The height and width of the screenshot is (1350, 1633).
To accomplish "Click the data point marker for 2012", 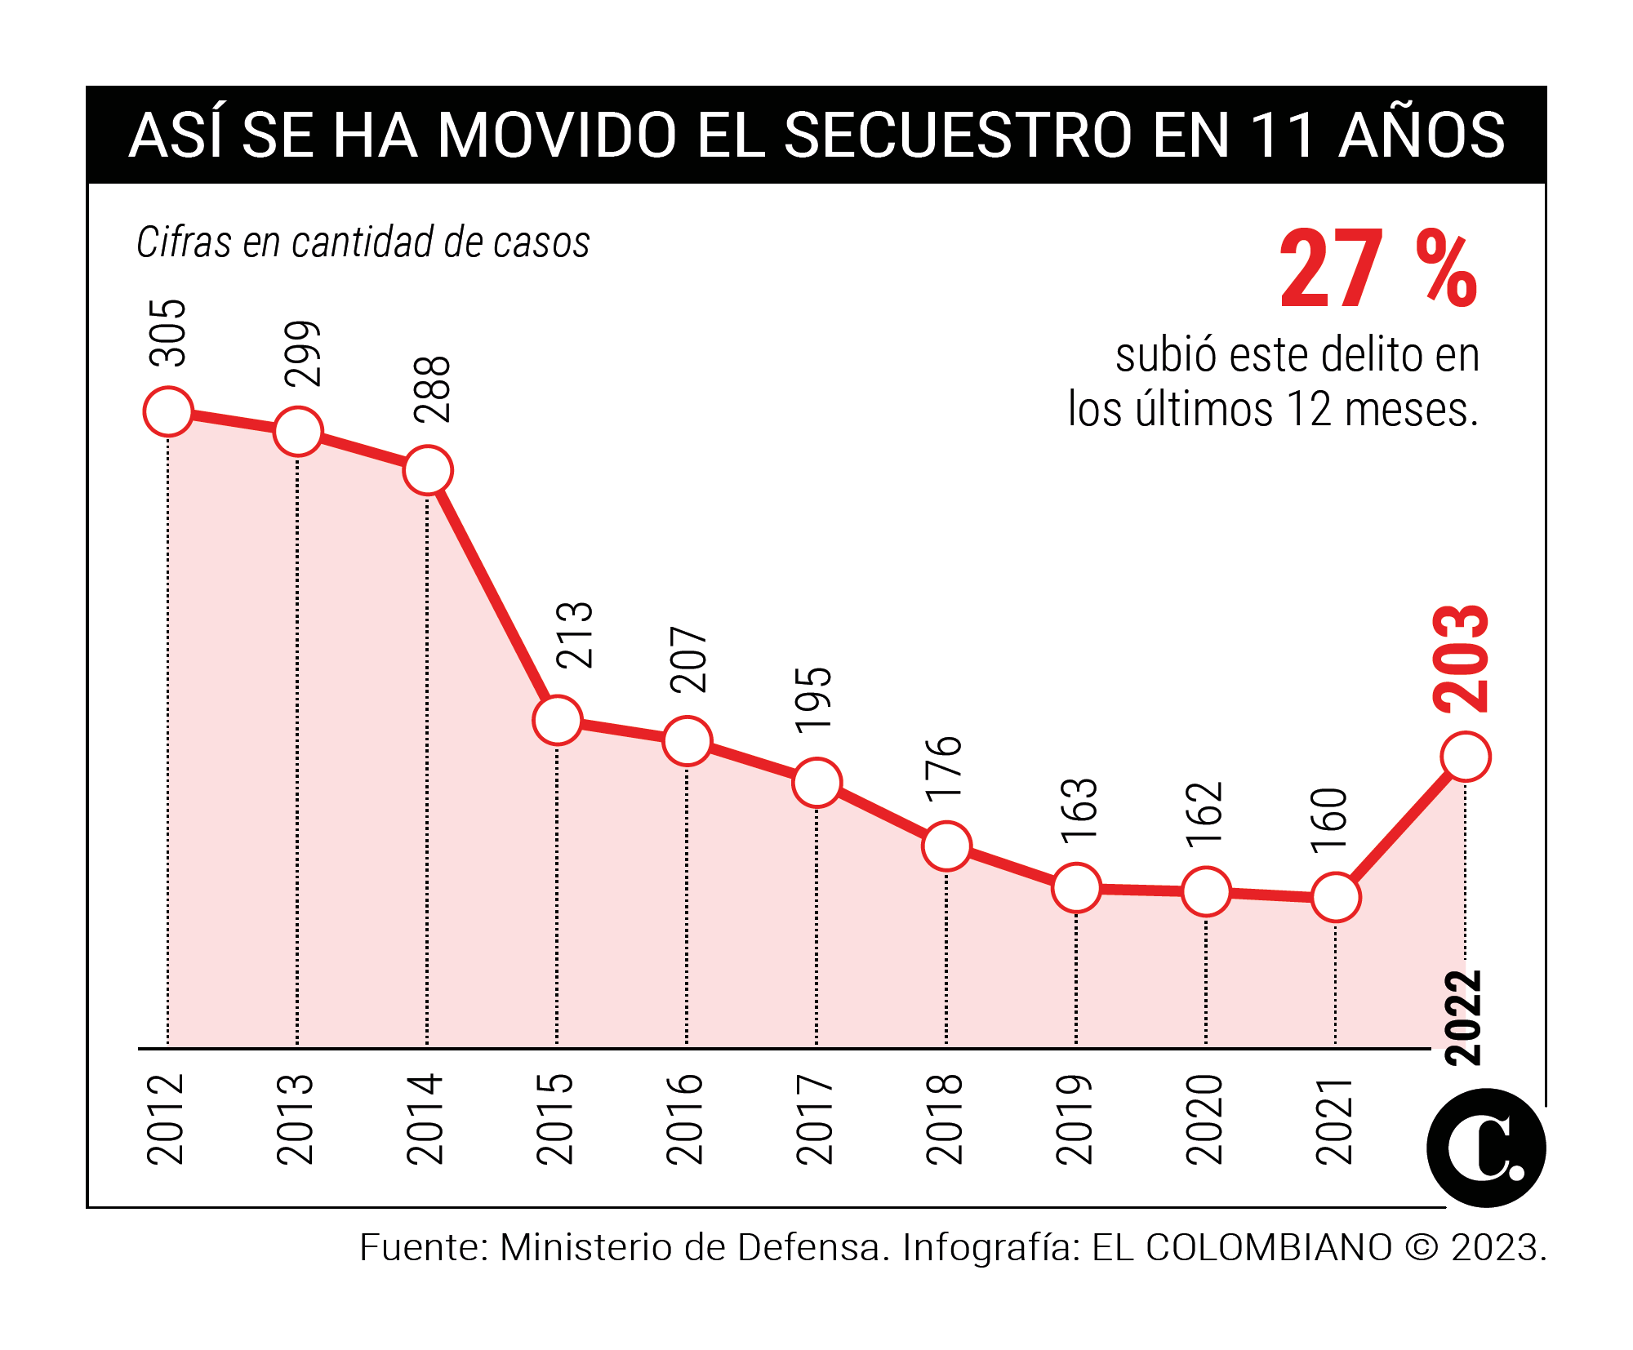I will coord(168,411).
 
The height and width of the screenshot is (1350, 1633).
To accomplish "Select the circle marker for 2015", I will coord(558,720).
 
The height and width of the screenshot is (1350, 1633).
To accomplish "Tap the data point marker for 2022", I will coord(1466,757).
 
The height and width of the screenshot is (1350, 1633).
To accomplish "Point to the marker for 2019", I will coord(1076,887).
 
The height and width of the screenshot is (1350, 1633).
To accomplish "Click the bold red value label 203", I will coord(1462,659).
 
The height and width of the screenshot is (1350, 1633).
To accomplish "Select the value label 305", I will coord(169,333).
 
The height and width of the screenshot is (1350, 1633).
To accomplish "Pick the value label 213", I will coord(575,636).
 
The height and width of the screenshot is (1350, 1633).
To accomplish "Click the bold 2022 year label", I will coord(1463,1018).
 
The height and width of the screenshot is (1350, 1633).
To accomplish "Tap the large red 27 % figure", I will coord(1378,269).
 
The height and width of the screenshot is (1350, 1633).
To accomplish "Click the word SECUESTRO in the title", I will coord(958,135).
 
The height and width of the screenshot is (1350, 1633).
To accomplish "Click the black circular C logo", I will coord(1485,1148).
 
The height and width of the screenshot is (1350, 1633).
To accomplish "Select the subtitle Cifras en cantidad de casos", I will coord(363,242).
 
